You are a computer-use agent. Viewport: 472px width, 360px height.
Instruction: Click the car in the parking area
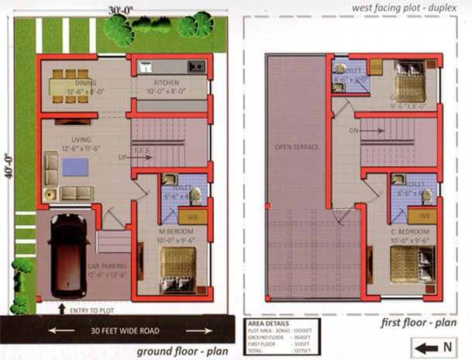tap(69, 256)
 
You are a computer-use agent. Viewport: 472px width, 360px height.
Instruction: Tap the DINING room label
tap(85, 81)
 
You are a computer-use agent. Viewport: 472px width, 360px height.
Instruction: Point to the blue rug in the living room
tap(75, 167)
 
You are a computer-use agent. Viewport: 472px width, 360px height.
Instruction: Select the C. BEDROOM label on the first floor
tap(410, 231)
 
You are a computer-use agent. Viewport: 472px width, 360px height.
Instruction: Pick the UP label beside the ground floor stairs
tap(122, 158)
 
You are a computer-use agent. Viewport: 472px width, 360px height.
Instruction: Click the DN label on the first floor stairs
tap(353, 131)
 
